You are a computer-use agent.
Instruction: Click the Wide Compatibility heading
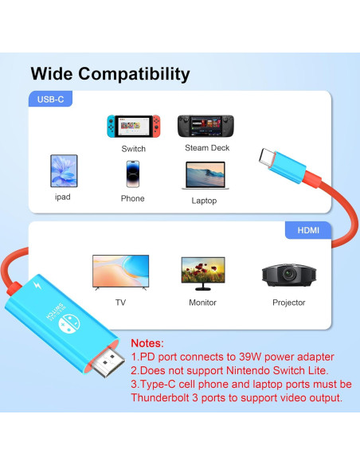point(110,75)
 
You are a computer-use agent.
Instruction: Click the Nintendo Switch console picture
point(133,126)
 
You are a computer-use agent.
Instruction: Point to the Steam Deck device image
point(207,126)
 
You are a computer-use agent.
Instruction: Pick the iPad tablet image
point(63,171)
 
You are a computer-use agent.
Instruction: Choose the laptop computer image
point(205,175)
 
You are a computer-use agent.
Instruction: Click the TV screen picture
point(120,273)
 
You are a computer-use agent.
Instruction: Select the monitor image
point(202,273)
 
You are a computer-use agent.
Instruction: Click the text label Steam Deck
point(207,148)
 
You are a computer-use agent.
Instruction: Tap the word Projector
point(288,303)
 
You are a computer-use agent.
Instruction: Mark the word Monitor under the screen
point(202,303)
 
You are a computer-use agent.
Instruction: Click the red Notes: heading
point(147,342)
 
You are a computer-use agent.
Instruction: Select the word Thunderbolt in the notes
point(166,397)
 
